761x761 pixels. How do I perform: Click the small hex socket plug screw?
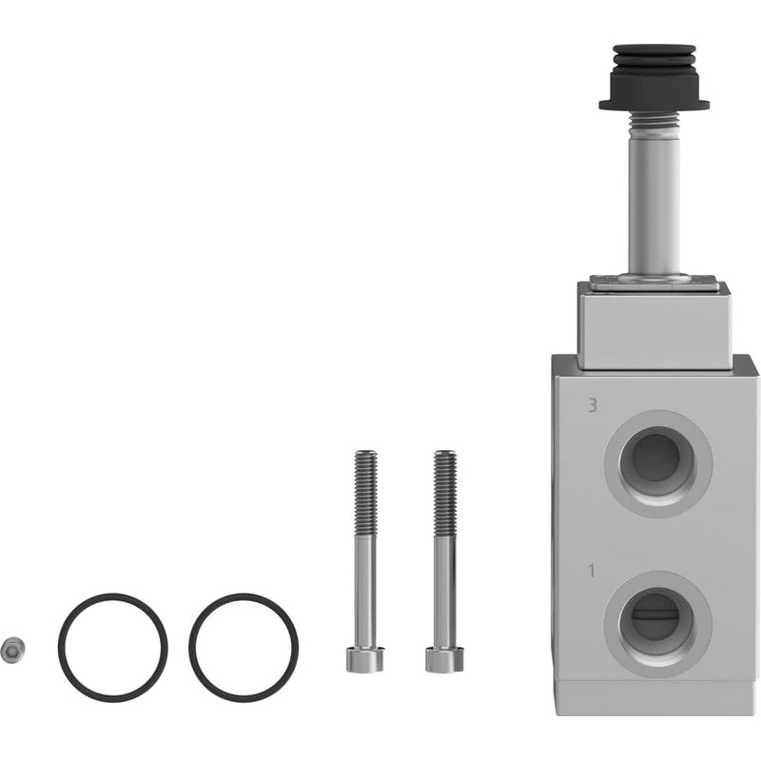[13, 649]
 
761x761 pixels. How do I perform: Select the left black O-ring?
[60, 647]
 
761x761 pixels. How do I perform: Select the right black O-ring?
[191, 647]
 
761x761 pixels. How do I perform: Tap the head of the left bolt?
[365, 659]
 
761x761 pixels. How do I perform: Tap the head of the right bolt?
[444, 659]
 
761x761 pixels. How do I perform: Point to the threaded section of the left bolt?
[365, 492]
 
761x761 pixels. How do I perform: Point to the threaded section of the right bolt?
[445, 492]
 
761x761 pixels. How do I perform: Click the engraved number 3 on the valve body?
[592, 405]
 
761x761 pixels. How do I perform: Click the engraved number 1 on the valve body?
[591, 571]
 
